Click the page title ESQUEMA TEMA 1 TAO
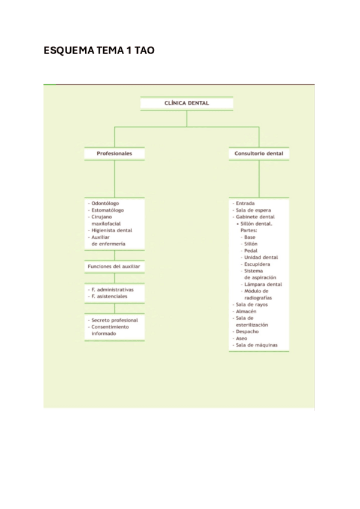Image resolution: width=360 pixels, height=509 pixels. pos(99,50)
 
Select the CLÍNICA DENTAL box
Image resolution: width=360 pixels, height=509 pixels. pos(187,103)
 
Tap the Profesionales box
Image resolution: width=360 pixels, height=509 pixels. pos(114,154)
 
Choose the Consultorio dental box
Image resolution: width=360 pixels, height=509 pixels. pos(259,154)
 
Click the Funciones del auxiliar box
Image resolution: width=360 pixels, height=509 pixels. pos(114,267)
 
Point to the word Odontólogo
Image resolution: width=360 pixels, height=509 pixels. pos(105,203)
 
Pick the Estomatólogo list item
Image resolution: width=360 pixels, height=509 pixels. pos(107,210)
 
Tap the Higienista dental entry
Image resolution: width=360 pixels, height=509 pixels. pos(112,230)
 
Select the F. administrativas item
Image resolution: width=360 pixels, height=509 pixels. pos(112,289)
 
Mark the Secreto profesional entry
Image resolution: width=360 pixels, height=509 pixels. pos(115,320)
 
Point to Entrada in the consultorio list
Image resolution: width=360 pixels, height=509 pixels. pos(245,203)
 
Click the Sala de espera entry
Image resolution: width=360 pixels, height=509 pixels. pos(253,210)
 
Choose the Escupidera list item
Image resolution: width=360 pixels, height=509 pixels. pos(257,264)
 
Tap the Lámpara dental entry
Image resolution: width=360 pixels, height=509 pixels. pos(263,285)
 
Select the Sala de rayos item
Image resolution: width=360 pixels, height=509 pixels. pos(251,304)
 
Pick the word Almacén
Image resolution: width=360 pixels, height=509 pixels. pos(246,312)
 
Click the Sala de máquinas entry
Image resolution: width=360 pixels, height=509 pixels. pos(256,345)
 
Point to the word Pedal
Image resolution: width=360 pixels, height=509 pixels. pos(251,251)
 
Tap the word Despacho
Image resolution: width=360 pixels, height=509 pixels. pos(247,332)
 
